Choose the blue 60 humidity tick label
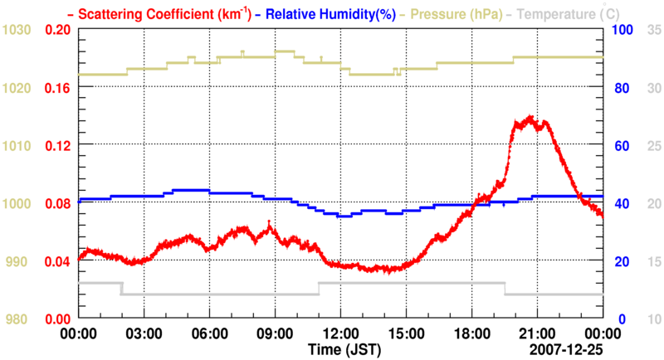click(x=619, y=145)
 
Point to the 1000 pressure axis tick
click(x=17, y=203)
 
